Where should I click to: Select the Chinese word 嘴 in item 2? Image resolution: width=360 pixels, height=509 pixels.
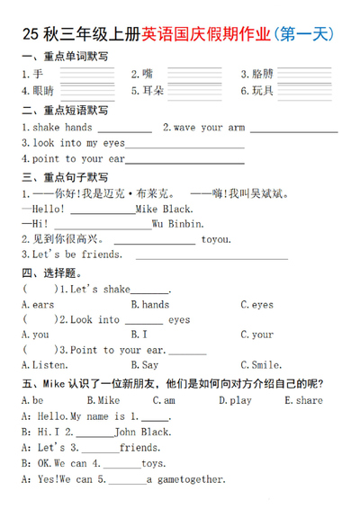click(x=147, y=74)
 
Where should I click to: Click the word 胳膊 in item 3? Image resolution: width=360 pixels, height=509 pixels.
click(x=262, y=74)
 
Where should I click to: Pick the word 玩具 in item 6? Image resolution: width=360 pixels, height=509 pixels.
click(x=262, y=91)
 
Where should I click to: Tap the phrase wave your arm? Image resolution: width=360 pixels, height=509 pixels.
click(x=209, y=128)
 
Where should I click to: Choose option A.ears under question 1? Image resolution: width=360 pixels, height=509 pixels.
click(x=37, y=305)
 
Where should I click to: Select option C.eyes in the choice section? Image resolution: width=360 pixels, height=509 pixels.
click(x=256, y=305)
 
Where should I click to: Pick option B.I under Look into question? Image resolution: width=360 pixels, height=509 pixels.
click(x=139, y=335)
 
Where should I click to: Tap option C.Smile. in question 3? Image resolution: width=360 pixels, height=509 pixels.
click(x=261, y=365)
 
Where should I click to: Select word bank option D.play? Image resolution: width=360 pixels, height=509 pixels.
click(x=235, y=400)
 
